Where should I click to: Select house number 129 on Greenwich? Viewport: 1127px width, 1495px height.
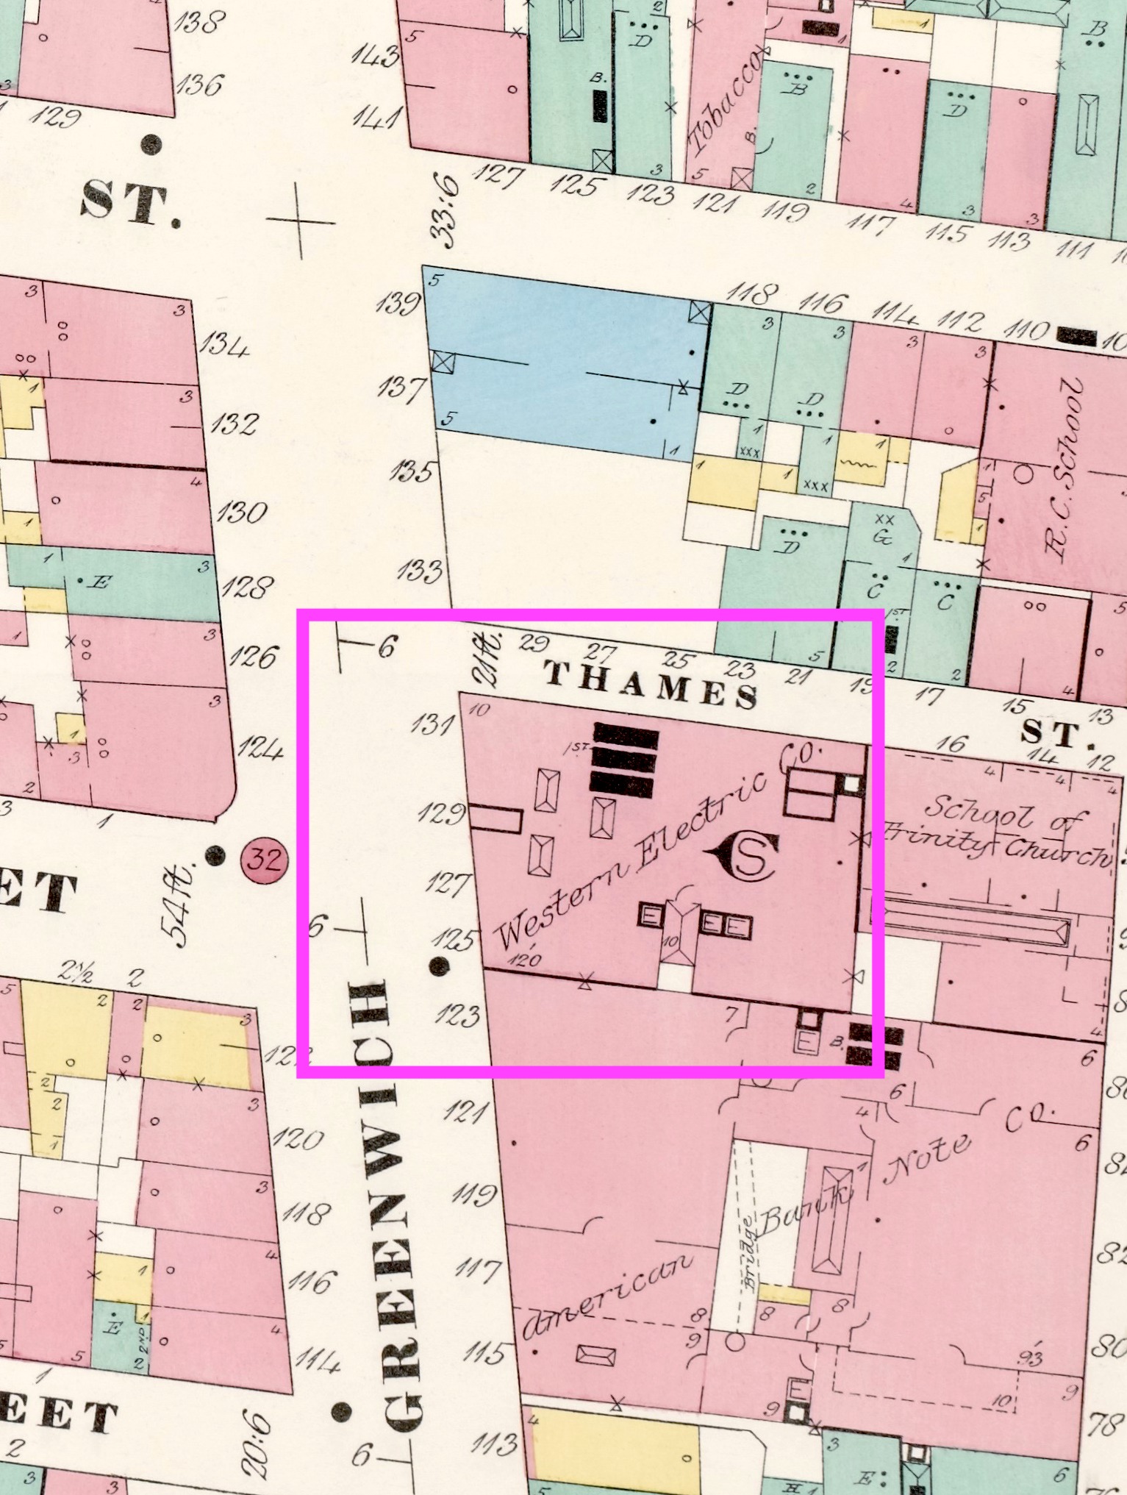(442, 813)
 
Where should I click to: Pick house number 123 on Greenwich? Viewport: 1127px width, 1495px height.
(457, 1016)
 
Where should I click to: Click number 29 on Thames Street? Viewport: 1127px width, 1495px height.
(534, 643)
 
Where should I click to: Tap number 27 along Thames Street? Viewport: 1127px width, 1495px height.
(603, 652)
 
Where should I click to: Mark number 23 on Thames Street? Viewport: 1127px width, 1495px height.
(740, 669)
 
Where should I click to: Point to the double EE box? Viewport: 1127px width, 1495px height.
(726, 924)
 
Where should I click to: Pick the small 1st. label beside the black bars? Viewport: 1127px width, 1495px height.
(577, 748)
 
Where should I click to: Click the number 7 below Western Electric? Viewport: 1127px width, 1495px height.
(731, 1014)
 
